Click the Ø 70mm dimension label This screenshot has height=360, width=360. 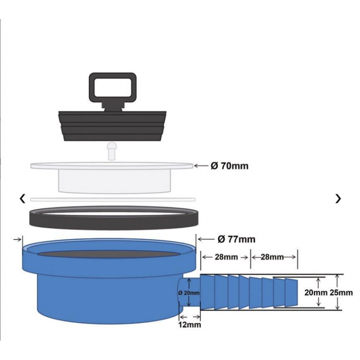[x=229, y=166]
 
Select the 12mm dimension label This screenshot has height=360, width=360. [x=189, y=324]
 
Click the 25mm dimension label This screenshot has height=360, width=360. [x=341, y=292]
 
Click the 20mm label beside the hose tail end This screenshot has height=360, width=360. [x=315, y=292]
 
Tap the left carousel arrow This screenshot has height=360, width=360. [x=22, y=198]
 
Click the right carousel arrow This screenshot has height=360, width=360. [x=338, y=198]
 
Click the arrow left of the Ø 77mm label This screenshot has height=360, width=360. [x=205, y=239]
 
